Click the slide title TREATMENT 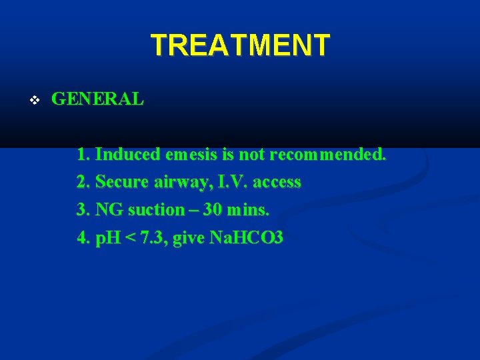240,45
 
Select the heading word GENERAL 97,99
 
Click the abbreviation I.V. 229,182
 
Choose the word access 276,182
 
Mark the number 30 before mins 213,210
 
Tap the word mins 248,210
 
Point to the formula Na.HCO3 247,238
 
